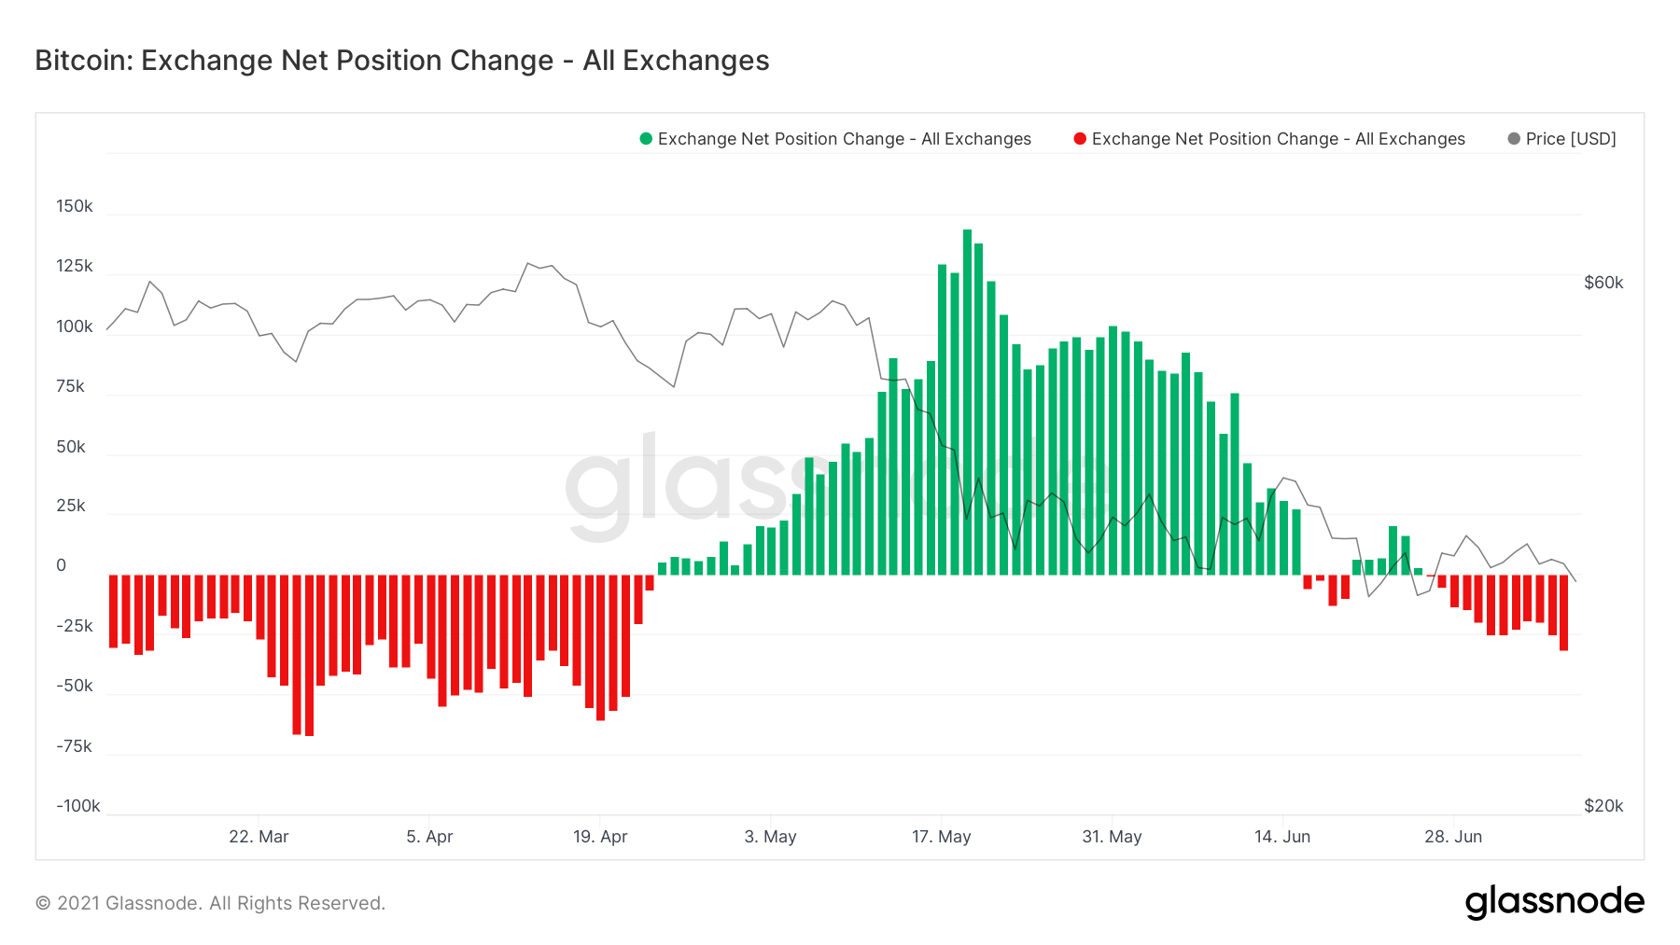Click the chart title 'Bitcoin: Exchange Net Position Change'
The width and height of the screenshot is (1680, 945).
[401, 61]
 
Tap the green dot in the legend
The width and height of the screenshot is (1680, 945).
[645, 139]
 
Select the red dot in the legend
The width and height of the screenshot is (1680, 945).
[1080, 139]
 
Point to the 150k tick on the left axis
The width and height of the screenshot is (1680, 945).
[75, 206]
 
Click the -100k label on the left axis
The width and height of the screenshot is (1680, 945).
[77, 806]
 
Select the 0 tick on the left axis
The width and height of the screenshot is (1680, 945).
[62, 565]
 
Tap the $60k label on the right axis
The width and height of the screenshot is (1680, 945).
[1603, 283]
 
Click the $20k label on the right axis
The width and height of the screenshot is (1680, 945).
[1603, 806]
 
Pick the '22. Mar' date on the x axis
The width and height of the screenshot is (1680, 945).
[259, 837]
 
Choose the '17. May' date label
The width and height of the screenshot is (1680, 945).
[941, 837]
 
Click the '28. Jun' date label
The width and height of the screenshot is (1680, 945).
[1453, 837]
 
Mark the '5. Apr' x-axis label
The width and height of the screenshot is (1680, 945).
[429, 837]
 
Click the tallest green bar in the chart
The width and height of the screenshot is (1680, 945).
[967, 401]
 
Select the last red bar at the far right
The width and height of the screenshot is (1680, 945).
[1563, 612]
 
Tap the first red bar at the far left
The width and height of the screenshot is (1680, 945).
[114, 611]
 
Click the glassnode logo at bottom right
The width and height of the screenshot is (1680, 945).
[1554, 902]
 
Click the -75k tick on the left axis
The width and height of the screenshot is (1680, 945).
[74, 746]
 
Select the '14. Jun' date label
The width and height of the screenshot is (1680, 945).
[1282, 837]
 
